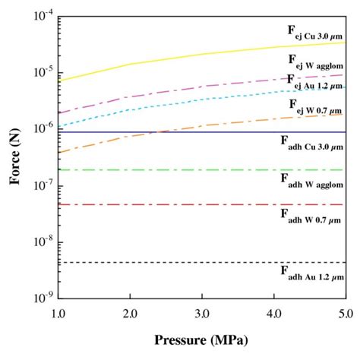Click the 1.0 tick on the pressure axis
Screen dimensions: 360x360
[x=58, y=314]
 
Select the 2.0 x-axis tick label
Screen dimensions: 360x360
[x=130, y=314]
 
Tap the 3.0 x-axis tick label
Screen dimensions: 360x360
[x=201, y=314]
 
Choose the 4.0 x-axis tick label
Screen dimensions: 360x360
[x=273, y=314]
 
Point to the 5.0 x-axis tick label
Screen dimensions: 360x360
[x=344, y=314]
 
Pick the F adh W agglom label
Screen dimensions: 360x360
[x=311, y=181]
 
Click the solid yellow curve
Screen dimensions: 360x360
[x=201, y=54]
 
